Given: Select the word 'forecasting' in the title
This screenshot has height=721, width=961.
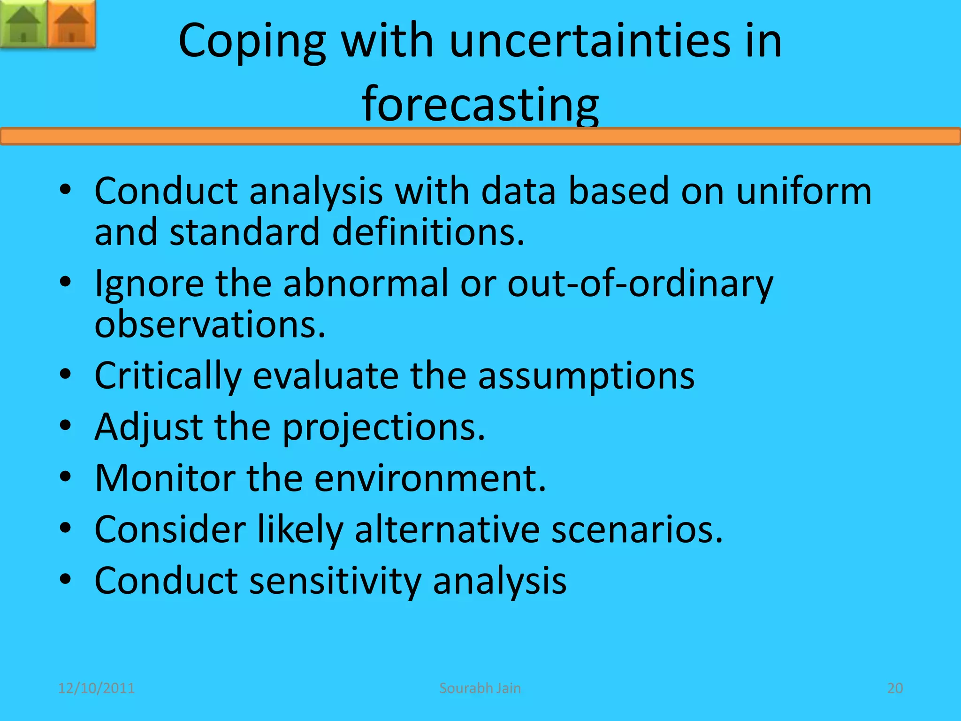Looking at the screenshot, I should point(480,104).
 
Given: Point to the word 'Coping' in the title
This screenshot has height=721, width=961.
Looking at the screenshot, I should point(252,42).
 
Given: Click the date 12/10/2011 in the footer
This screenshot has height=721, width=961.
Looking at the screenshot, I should point(96,688).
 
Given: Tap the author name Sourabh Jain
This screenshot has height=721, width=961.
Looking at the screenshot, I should point(480,688).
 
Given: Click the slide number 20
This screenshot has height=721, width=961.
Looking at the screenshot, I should point(895,688).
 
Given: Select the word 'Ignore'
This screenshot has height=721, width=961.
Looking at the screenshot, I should point(149,284).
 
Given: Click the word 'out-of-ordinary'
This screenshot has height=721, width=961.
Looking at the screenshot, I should point(640,284).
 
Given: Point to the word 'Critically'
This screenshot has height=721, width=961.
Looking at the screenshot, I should point(168,376).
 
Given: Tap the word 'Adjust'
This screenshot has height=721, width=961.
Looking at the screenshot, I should point(149,428).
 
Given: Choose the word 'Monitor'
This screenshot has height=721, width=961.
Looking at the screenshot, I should point(165,478).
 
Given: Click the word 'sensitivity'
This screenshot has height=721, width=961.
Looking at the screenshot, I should point(335,582).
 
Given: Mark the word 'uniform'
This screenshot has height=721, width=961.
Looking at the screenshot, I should point(803,191).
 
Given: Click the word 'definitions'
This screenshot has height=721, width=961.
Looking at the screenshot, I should point(427,232).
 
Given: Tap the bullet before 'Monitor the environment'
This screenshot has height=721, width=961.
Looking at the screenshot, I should point(66,477).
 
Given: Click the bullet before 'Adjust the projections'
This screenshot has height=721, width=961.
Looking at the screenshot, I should point(66,426).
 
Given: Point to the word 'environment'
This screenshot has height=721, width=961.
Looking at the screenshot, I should point(430,478).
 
